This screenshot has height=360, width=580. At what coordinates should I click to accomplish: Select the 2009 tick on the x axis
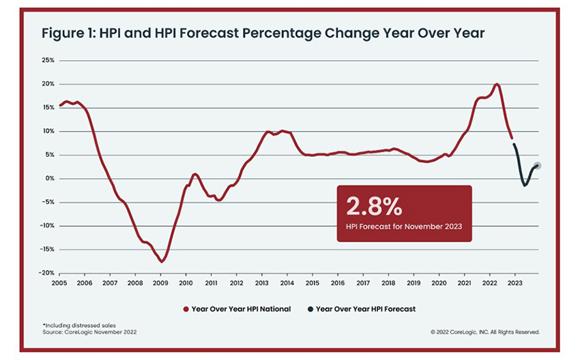(160, 282)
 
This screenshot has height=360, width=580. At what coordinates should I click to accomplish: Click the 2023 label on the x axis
(514, 282)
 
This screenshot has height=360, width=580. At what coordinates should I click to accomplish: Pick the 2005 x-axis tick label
(59, 282)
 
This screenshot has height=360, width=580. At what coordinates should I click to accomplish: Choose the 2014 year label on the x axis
(287, 282)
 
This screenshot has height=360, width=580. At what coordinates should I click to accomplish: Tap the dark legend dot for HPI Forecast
(311, 309)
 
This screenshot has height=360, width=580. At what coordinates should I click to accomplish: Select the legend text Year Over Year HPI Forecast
(366, 309)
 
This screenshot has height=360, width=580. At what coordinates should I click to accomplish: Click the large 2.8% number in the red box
(374, 207)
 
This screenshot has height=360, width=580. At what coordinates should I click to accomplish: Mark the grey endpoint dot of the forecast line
(538, 166)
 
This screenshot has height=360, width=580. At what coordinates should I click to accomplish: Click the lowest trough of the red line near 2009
(162, 261)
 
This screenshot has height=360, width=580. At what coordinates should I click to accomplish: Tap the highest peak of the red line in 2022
(496, 84)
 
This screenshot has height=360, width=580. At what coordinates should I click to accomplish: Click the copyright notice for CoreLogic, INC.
(484, 333)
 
